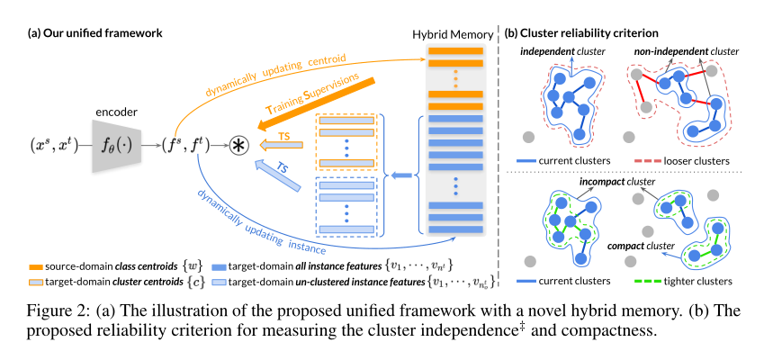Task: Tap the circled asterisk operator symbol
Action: [x=238, y=144]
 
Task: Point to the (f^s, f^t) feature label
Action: [x=189, y=144]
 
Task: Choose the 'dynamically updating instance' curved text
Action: [x=270, y=221]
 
